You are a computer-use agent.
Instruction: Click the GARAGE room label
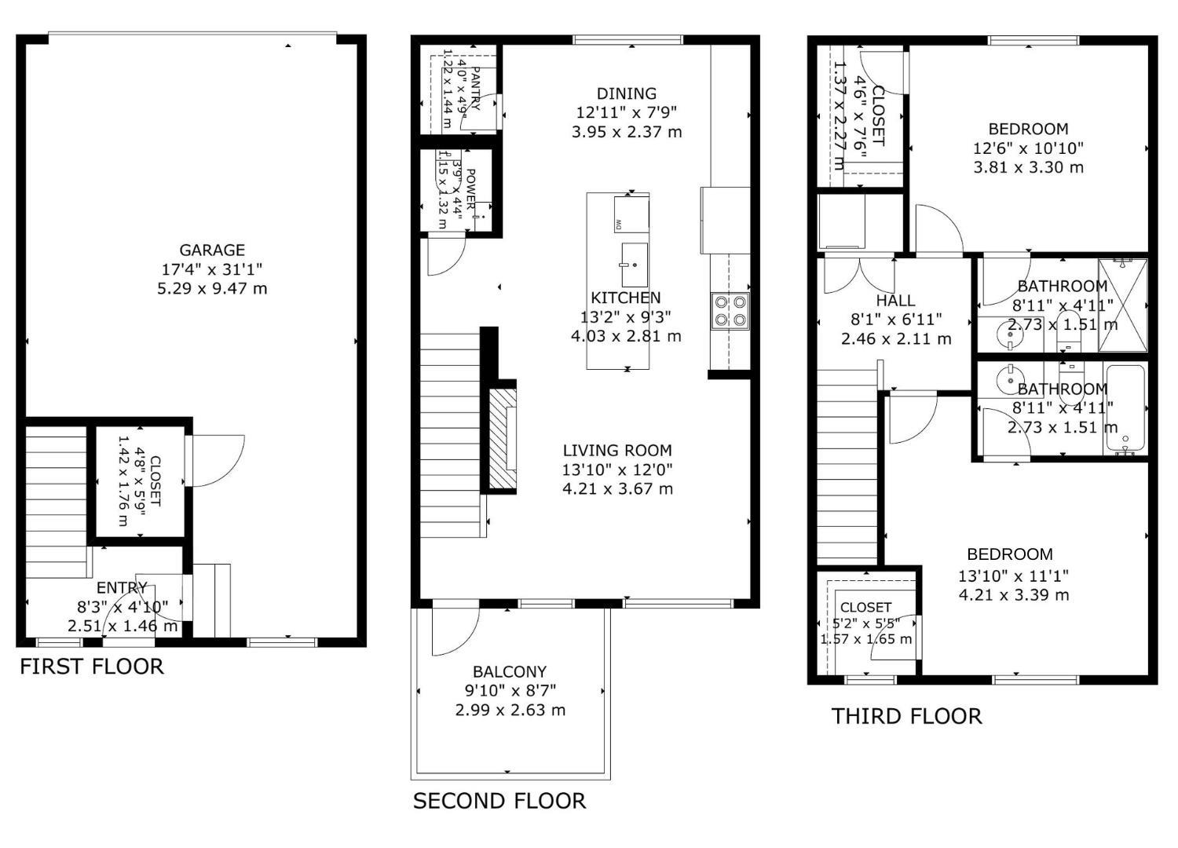212,250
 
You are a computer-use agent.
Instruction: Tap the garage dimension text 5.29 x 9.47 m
212,288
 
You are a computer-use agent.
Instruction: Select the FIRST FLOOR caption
92,667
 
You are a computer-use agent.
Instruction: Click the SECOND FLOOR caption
499,801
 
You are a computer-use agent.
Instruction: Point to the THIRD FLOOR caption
906,716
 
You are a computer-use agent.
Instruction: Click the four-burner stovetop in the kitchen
730,309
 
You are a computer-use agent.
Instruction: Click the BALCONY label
510,672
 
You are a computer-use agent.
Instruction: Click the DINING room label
626,93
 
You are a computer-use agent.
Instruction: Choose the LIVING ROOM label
617,451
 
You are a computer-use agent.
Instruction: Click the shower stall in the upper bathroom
1123,305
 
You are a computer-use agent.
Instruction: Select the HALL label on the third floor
895,301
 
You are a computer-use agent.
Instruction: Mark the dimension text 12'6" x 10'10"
1028,148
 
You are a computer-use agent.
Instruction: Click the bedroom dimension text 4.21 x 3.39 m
1013,594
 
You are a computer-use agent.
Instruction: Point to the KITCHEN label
626,298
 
